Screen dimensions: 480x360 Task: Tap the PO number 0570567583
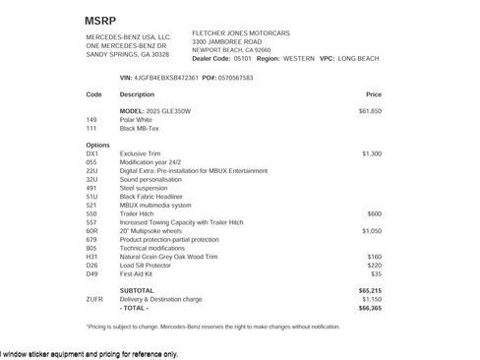[232, 77]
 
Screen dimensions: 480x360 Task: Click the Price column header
[373, 95]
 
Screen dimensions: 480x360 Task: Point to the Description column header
[137, 95]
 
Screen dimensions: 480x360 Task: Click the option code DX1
[92, 153]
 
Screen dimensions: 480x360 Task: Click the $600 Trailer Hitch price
[375, 212]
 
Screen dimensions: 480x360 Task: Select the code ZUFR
[94, 298]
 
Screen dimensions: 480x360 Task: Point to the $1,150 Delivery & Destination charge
[371, 298]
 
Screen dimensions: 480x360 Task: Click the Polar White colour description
[139, 120]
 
